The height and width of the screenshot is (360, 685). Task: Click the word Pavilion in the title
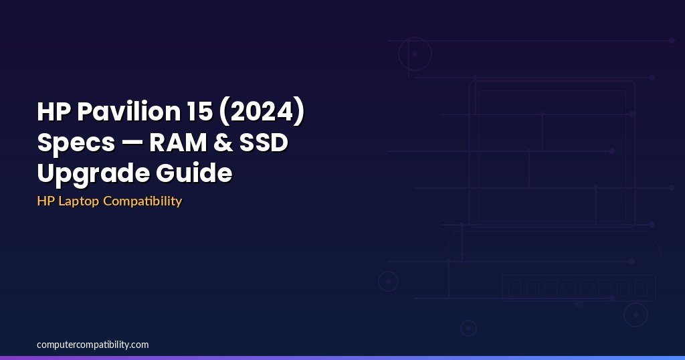click(128, 111)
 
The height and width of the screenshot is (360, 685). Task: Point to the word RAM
click(178, 143)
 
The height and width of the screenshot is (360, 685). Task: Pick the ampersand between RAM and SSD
click(223, 143)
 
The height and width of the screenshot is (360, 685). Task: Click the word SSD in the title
click(264, 143)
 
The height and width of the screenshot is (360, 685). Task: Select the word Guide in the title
click(194, 173)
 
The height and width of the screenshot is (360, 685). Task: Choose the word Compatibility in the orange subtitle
click(142, 201)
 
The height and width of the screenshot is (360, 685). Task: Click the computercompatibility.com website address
click(92, 345)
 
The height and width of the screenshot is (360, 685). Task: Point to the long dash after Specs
click(132, 143)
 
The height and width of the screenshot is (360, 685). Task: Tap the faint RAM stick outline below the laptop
click(579, 275)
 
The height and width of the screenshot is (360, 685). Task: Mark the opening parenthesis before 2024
click(223, 112)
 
